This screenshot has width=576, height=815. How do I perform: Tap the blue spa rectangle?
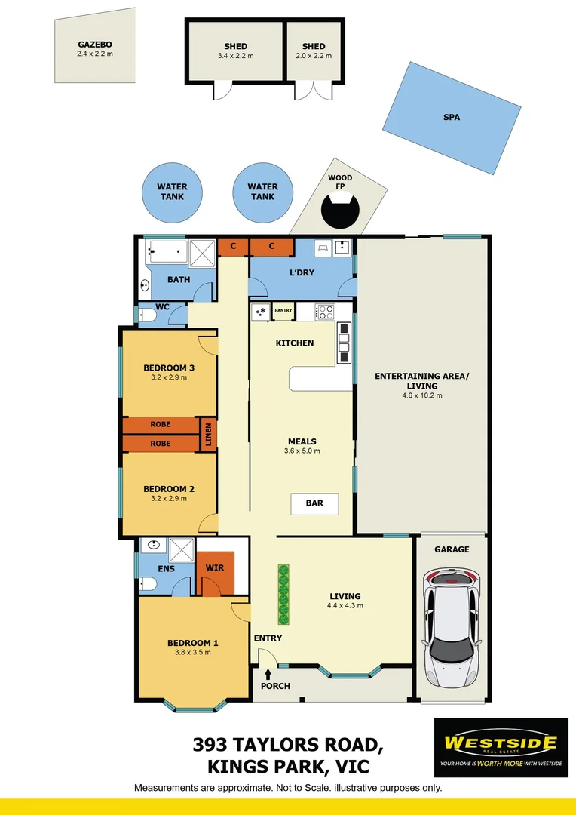[452, 117]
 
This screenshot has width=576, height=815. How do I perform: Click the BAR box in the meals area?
[314, 503]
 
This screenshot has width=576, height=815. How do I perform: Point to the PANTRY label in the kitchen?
[283, 310]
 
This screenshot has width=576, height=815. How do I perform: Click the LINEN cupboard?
[208, 435]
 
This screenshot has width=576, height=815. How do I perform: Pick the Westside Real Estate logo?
[501, 747]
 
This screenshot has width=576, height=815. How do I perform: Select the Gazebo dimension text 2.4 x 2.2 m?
[94, 54]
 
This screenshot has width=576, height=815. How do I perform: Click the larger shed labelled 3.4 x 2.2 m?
[235, 51]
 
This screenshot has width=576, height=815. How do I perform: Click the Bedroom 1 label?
[192, 643]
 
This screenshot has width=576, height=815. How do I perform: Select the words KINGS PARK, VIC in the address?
[287, 767]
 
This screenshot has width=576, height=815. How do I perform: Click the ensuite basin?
[154, 545]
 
